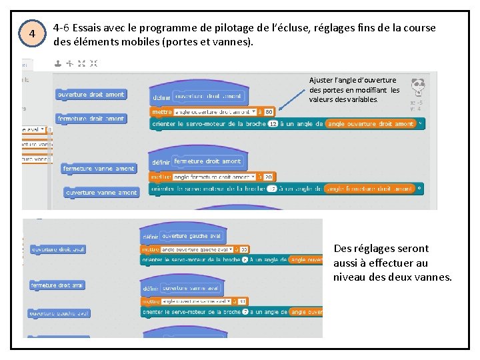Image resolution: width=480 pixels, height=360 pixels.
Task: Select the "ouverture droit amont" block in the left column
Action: pyautogui.click(x=91, y=95)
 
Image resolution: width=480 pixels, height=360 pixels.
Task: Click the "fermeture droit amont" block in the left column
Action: pyautogui.click(x=91, y=119)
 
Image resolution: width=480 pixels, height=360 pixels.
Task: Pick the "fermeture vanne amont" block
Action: pyautogui.click(x=99, y=169)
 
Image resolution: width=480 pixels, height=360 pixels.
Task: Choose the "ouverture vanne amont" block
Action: pyautogui.click(x=101, y=193)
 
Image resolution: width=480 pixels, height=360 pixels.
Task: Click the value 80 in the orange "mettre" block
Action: pyautogui.click(x=269, y=112)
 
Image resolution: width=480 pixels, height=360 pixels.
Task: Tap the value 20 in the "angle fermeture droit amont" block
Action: pyautogui.click(x=268, y=177)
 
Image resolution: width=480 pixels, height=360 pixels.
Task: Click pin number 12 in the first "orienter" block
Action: pyautogui.click(x=273, y=124)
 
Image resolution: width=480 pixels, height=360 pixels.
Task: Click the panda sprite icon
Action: pyautogui.click(x=418, y=87)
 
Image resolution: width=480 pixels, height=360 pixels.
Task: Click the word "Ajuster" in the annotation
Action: pyautogui.click(x=321, y=80)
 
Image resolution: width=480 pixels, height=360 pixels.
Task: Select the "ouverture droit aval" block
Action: pyautogui.click(x=59, y=250)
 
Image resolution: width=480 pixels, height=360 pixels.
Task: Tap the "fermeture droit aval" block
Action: pyautogui.click(x=58, y=285)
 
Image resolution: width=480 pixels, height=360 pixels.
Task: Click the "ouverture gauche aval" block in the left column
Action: pyautogui.click(x=59, y=313)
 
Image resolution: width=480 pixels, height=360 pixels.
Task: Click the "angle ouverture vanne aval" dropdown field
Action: pyautogui.click(x=193, y=301)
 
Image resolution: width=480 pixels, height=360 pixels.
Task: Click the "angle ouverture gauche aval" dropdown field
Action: pyautogui.click(x=193, y=249)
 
